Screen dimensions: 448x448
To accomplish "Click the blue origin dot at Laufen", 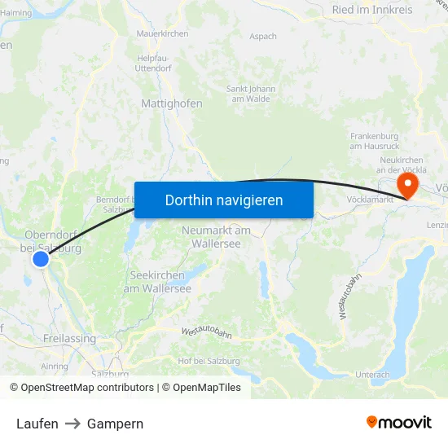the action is (41, 258).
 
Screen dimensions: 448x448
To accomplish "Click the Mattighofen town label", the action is (172, 104).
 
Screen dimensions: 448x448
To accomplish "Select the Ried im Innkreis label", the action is (372, 11).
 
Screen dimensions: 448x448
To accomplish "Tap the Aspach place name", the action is (263, 37).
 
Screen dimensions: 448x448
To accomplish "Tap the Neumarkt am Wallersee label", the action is (216, 236).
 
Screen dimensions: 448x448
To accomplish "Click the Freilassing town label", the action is (69, 339).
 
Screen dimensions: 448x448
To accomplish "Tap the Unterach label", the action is (373, 375).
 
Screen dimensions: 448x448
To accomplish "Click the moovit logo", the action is (398, 423).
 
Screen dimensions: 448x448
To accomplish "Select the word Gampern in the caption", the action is (115, 424).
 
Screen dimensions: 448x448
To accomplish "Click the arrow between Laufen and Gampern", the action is (72, 424).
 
